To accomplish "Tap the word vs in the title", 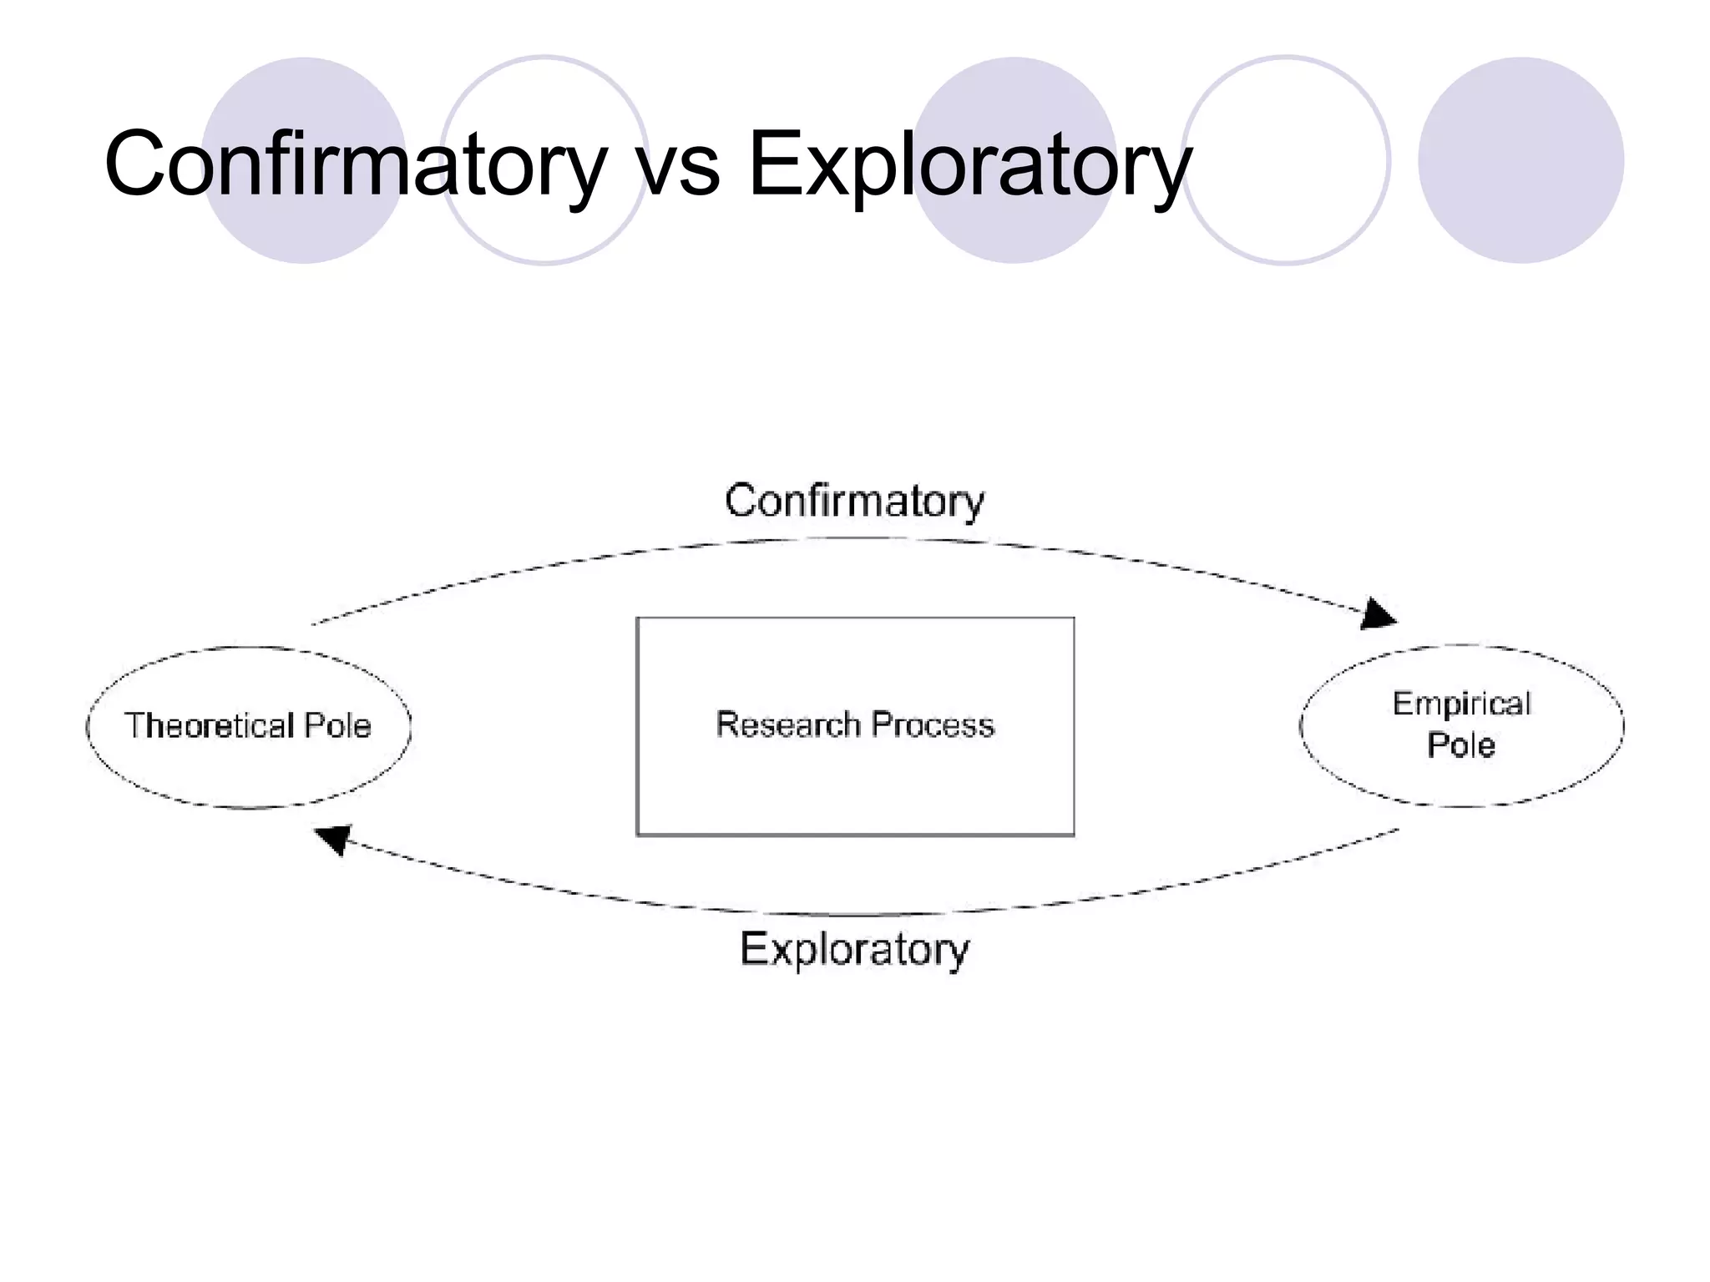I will [x=678, y=166].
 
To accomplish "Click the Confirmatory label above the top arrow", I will [x=854, y=501].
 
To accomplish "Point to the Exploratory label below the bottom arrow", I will [x=854, y=949].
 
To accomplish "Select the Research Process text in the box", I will [x=855, y=724].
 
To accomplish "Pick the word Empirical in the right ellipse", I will [x=1461, y=704].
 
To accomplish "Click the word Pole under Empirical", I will [x=1460, y=744].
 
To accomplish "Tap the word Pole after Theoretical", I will [x=337, y=725].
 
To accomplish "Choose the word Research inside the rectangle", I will [x=787, y=724].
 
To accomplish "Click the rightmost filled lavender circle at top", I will [x=1520, y=160].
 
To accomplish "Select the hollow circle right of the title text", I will [x=1286, y=160].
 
